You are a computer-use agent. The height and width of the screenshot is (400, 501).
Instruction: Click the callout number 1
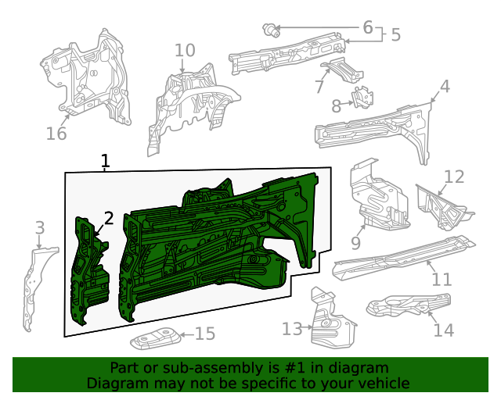[106, 162]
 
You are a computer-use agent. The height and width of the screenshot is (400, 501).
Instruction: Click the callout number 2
[110, 218]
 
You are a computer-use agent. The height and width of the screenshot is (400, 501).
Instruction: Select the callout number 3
[40, 228]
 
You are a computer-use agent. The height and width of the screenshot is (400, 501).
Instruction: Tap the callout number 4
[445, 86]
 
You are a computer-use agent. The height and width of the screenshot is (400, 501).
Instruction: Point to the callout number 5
[395, 34]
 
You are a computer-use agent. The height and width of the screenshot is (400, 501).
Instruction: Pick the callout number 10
[185, 51]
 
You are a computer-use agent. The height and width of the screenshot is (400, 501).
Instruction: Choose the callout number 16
[56, 134]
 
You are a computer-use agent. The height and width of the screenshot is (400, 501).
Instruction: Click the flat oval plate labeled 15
[155, 341]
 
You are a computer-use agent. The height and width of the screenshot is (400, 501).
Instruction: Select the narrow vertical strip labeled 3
[31, 289]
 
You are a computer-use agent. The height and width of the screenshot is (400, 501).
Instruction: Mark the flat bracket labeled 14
[407, 305]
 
